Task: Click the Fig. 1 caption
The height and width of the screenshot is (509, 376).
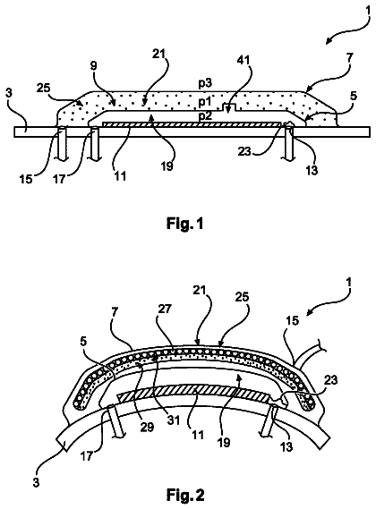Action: coord(185,224)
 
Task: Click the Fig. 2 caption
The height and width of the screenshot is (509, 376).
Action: coord(185,495)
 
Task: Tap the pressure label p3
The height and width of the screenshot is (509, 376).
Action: coord(205,83)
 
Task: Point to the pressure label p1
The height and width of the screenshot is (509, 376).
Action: coord(205,102)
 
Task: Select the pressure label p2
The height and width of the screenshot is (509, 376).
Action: coord(205,115)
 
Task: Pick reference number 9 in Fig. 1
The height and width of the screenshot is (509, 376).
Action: coord(94,66)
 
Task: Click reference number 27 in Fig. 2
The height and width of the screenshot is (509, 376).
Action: coord(165,309)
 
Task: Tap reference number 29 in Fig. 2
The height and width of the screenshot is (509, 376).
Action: coord(147,427)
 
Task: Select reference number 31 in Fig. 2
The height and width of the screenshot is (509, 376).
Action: coord(173,420)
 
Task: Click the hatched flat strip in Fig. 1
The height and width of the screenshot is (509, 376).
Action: coord(191,124)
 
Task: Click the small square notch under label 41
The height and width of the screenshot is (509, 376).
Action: coord(229,106)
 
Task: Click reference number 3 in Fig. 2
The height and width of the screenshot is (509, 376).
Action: coord(36,482)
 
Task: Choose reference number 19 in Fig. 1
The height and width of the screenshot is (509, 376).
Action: coord(167,165)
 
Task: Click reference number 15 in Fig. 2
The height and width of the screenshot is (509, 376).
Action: coord(292,321)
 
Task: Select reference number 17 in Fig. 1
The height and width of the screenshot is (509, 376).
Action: coord(59,179)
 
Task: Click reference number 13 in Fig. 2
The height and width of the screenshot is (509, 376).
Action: coord(286,446)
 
